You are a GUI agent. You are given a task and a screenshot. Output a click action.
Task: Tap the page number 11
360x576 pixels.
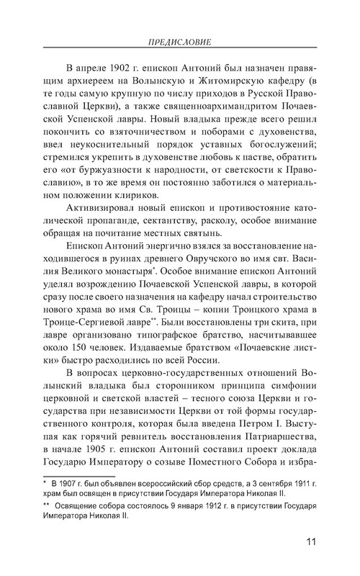[x=312, y=542]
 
